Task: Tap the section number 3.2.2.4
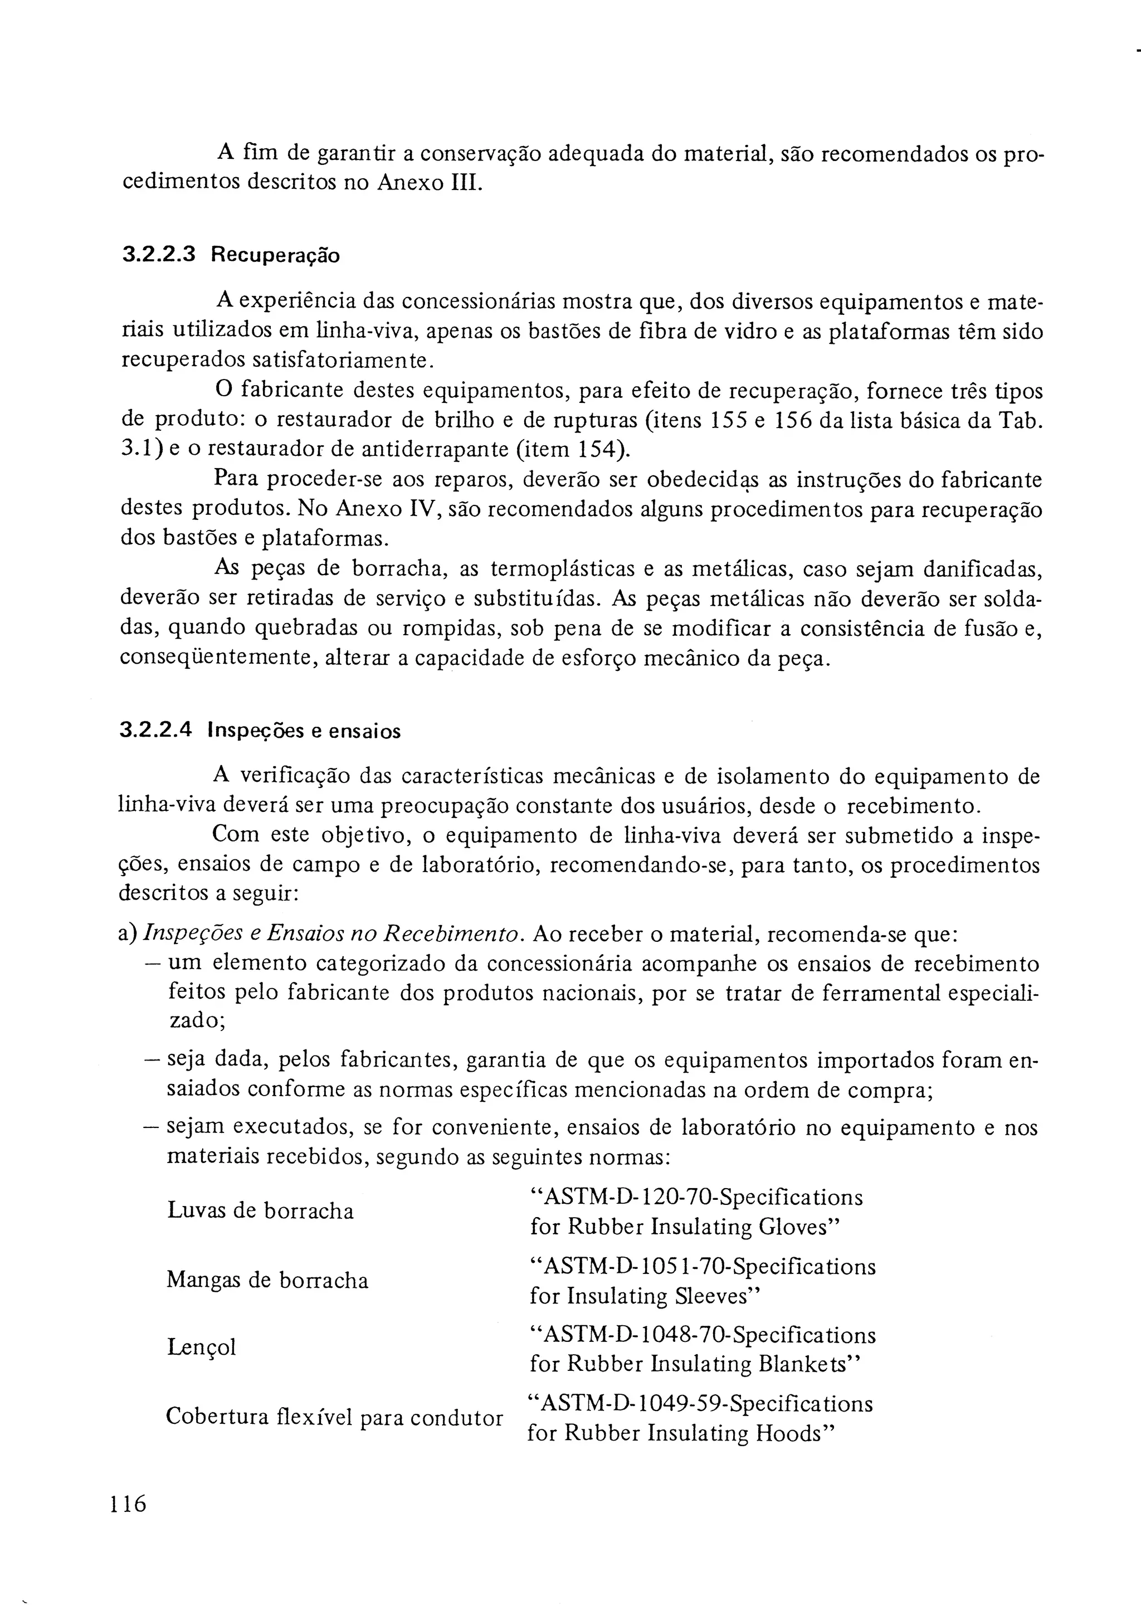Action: (x=155, y=731)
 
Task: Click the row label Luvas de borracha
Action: (x=260, y=1210)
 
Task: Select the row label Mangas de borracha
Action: (x=267, y=1280)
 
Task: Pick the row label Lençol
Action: (x=201, y=1347)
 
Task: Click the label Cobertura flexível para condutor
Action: (x=335, y=1416)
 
